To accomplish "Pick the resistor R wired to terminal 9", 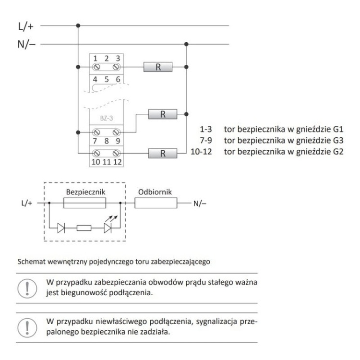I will pyautogui.click(x=162, y=114).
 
